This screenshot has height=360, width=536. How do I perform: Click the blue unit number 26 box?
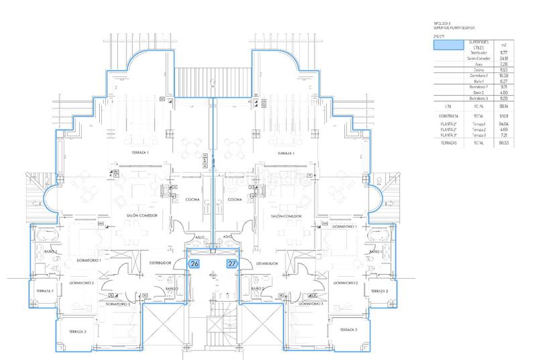195,263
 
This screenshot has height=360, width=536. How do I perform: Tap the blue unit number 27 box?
232,263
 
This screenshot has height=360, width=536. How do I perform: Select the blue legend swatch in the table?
448,46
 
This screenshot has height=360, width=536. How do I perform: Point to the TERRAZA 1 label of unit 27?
287,154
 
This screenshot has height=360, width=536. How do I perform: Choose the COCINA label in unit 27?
234,199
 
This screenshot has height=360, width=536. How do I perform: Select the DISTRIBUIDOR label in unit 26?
161,263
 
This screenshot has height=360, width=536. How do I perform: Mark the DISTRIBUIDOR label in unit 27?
266,263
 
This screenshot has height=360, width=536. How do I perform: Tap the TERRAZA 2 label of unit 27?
379,291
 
